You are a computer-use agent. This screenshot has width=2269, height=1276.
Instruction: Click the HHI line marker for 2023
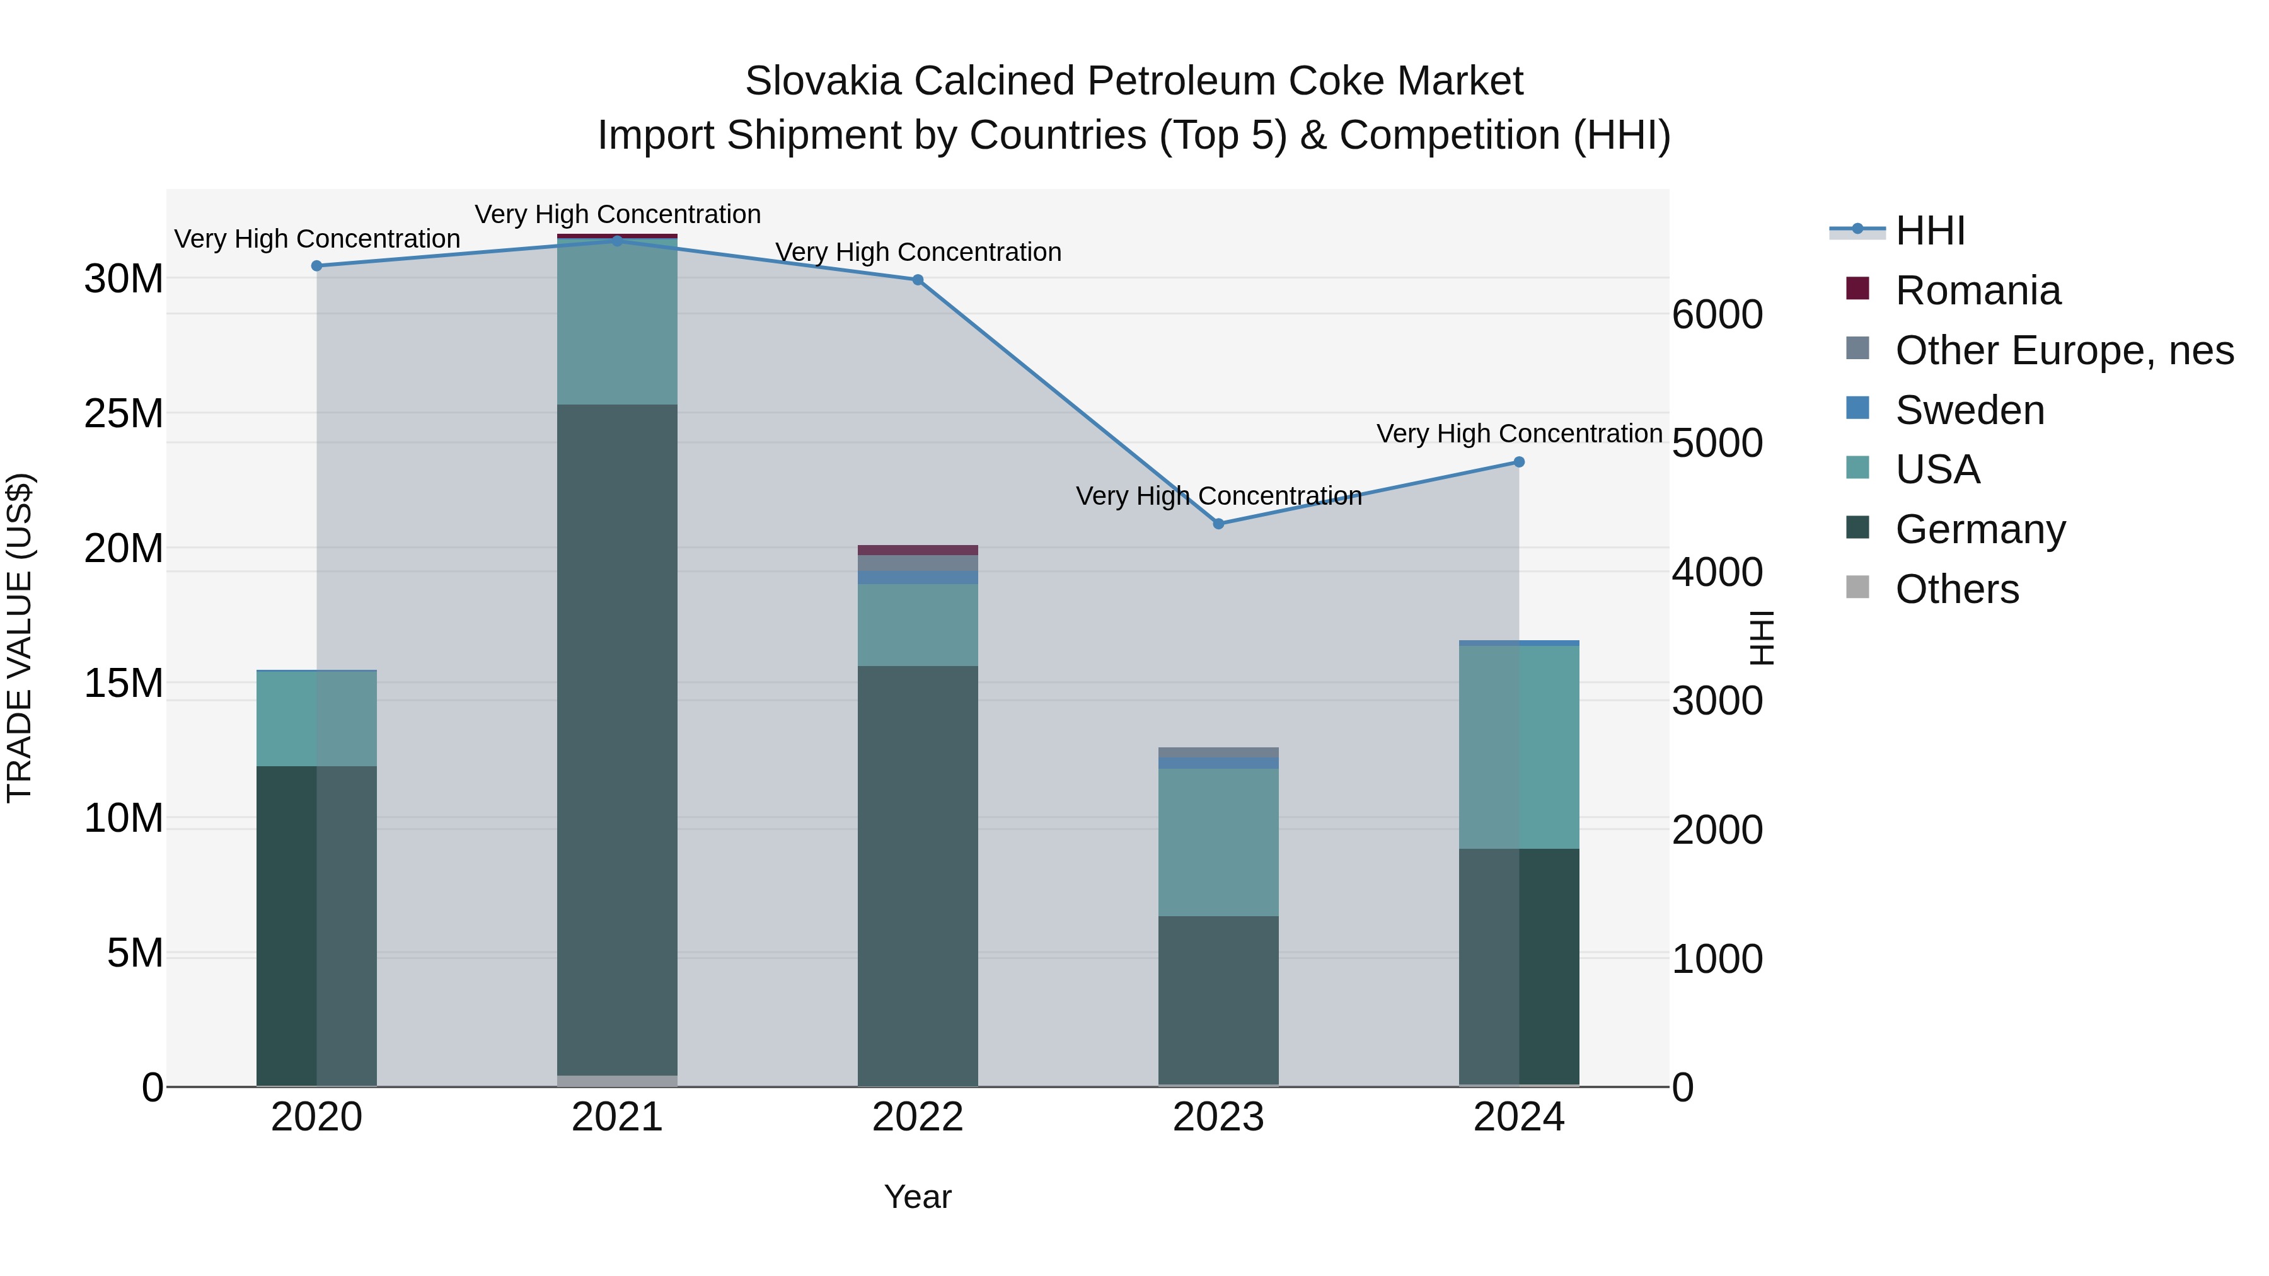coord(1218,524)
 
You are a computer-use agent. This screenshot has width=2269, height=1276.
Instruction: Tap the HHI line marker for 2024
coord(1518,463)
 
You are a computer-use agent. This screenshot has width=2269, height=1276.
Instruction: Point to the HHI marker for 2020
coord(316,266)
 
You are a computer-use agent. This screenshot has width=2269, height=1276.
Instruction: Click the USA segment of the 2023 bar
coord(1218,842)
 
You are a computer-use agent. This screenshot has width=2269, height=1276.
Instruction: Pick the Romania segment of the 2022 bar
coord(917,550)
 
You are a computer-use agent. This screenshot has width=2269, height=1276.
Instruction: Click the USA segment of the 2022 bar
coord(917,624)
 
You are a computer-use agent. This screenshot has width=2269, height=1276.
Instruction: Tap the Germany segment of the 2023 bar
coord(1218,1001)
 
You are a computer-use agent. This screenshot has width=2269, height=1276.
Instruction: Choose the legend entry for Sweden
coord(1970,410)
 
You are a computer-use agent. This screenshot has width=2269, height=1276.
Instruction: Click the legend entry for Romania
coord(1977,290)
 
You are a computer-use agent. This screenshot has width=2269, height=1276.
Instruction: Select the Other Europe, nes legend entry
coord(2064,350)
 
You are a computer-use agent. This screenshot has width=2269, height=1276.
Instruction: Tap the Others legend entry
coord(1956,589)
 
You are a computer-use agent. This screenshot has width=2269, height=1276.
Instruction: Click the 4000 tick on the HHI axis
coord(1717,572)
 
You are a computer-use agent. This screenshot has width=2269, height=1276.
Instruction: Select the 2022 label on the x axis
coord(917,1117)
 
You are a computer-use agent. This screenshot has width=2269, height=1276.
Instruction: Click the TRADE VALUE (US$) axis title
coord(20,638)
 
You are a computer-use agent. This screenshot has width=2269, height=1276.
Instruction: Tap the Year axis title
coord(917,1197)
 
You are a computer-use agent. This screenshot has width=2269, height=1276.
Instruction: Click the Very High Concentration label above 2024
coord(1518,434)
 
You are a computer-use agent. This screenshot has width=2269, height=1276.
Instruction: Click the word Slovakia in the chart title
coord(823,81)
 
